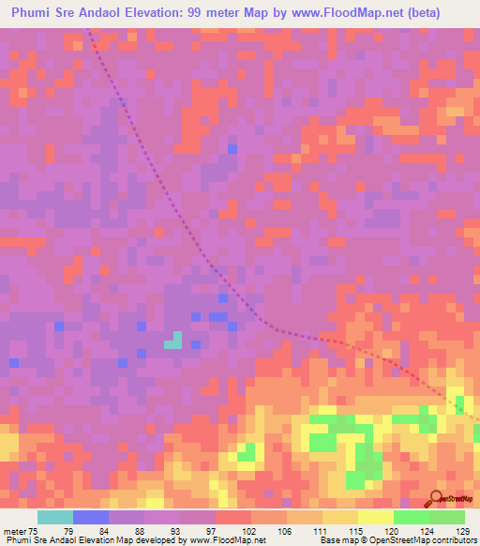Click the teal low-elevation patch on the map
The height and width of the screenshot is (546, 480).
[x=173, y=341]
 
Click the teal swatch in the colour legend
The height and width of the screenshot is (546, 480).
[x=55, y=517]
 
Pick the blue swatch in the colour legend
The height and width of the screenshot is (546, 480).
[x=91, y=517]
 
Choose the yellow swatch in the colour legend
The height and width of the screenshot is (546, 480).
[x=376, y=517]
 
